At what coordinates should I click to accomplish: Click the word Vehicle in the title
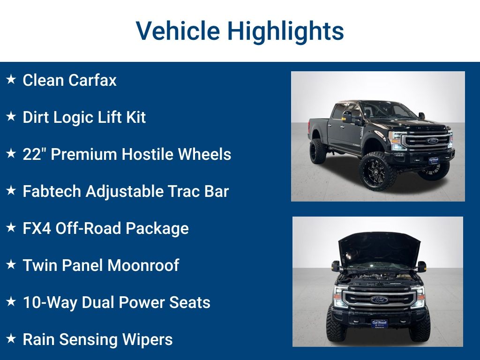tap(178, 31)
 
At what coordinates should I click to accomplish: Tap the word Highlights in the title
tap(285, 31)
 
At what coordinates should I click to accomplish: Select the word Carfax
tap(92, 80)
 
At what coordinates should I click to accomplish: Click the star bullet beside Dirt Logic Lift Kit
tap(11, 117)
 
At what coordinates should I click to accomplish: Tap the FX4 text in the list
tap(37, 228)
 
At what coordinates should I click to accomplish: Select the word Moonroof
tap(143, 265)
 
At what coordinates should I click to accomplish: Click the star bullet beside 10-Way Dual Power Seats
tap(11, 301)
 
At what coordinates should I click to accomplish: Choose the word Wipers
tap(147, 340)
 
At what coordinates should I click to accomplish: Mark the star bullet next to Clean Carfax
tap(11, 79)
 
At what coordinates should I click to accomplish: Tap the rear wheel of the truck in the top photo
tap(317, 151)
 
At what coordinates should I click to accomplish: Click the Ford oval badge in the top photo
tap(433, 141)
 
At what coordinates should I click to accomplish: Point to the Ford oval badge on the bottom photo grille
tap(379, 300)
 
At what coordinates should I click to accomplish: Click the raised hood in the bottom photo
tap(379, 247)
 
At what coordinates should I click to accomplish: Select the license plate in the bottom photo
tap(379, 323)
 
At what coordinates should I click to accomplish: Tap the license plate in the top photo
tap(434, 160)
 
